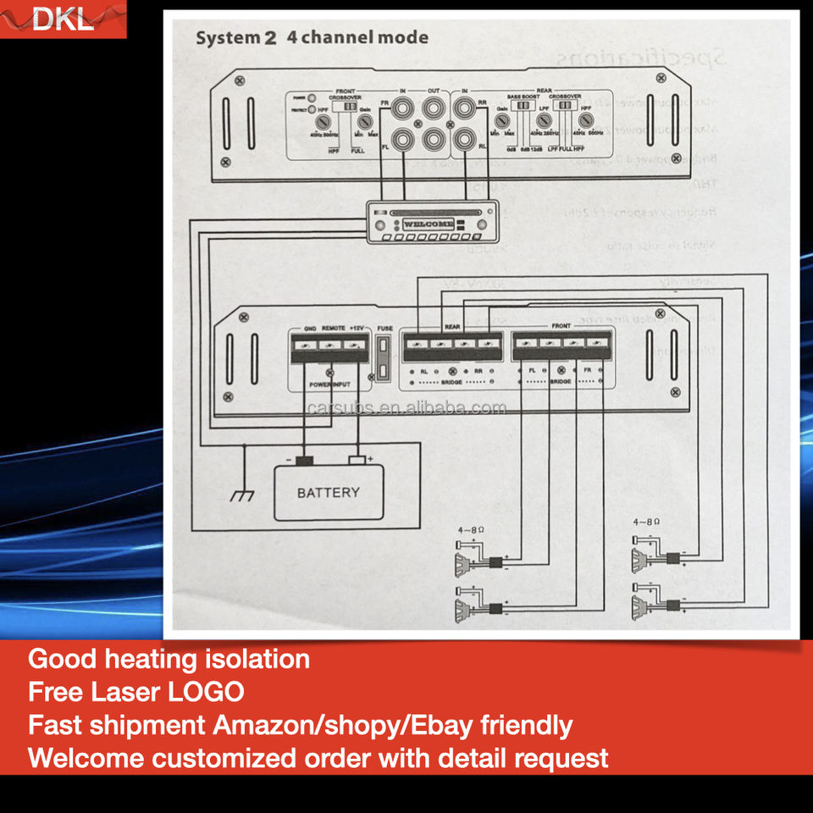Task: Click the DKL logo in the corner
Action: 63,19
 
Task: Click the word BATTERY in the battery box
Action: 328,492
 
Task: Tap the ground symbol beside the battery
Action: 243,494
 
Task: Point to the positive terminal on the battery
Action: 358,460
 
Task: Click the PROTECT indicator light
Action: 312,110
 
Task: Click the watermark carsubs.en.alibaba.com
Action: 406,408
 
